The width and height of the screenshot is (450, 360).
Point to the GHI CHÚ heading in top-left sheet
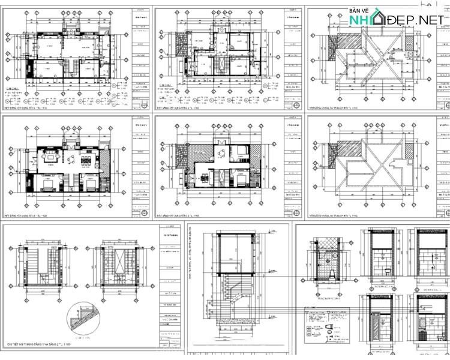12,88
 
